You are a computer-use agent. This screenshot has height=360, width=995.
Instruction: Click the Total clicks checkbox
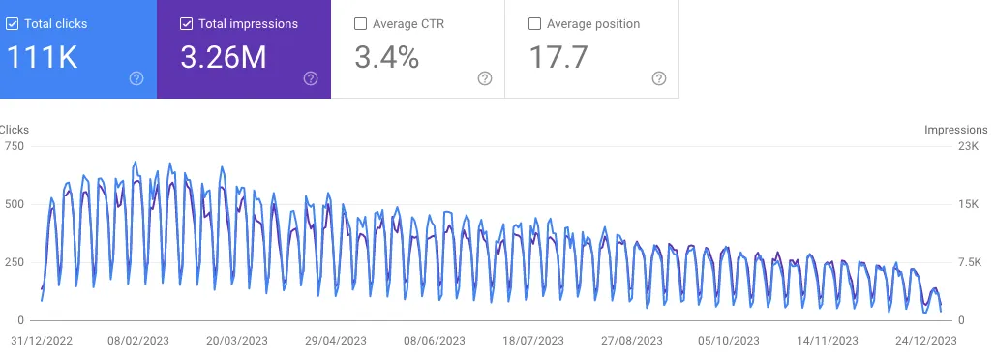pos(12,24)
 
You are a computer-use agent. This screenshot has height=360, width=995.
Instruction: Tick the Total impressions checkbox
pos(186,24)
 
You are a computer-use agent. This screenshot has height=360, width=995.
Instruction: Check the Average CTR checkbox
pos(360,24)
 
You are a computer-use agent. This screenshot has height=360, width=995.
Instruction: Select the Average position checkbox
pos(534,24)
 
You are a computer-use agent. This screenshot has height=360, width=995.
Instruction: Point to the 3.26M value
pos(224,58)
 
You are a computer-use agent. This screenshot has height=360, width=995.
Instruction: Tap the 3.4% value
pos(387,58)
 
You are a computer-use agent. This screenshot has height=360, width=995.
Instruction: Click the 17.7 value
pos(558,58)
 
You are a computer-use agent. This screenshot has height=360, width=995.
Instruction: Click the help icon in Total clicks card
pos(136,78)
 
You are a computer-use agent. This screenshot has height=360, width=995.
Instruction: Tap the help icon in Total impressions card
pos(311,78)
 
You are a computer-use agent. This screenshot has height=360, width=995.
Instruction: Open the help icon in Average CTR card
pos(485,78)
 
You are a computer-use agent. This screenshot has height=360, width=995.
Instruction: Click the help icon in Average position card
pos(659,78)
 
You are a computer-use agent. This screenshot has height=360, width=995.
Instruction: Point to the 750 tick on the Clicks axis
pos(14,146)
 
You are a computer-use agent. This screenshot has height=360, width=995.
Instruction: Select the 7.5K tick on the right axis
pos(968,262)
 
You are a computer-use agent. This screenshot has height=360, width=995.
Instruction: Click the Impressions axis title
pos(956,129)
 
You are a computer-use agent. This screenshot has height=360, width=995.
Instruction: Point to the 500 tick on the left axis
pos(14,204)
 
